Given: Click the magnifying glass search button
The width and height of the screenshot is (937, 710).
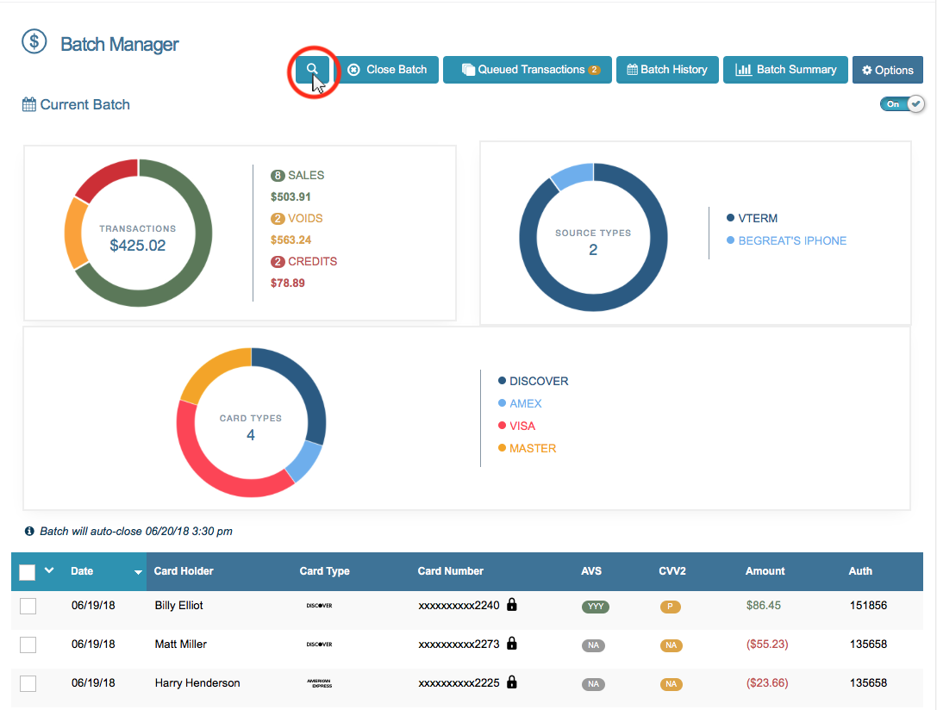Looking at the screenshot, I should [312, 70].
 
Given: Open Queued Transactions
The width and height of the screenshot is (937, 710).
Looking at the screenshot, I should [528, 70].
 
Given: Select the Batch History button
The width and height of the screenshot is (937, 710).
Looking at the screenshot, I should [667, 70].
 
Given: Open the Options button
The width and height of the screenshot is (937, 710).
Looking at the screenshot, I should [887, 71].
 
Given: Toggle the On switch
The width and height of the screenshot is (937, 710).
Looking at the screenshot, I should [902, 104].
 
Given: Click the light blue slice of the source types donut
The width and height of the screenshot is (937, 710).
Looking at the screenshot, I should [572, 175].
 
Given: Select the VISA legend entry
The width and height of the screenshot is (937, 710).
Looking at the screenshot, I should [522, 426].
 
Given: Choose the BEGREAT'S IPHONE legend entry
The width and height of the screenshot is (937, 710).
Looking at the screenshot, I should [791, 240].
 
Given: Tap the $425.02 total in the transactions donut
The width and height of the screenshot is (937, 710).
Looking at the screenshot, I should [138, 246].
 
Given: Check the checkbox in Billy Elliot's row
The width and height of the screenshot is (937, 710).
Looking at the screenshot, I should [28, 606].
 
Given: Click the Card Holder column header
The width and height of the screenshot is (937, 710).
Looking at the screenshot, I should [184, 570].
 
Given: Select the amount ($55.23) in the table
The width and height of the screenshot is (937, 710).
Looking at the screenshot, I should [766, 645].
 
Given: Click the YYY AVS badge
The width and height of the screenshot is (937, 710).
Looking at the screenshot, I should [596, 607].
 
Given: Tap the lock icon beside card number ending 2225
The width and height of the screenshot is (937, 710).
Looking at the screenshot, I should [511, 682].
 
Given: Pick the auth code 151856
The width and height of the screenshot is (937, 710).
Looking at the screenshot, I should [867, 606].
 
